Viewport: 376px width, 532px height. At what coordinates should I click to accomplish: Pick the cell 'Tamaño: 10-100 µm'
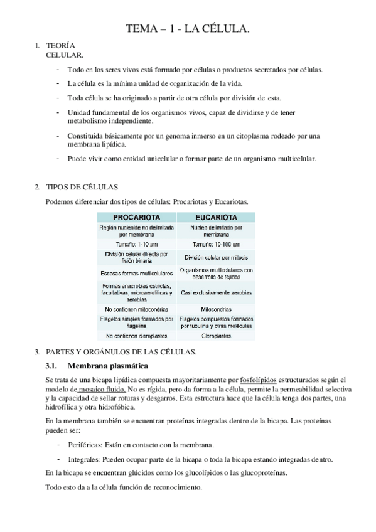216,244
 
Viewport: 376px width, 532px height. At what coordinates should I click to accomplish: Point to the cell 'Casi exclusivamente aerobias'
216,292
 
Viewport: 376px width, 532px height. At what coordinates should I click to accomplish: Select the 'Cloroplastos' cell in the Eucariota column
216,336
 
